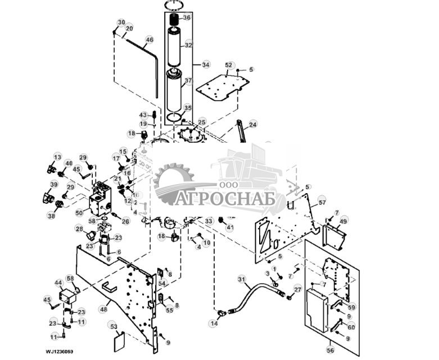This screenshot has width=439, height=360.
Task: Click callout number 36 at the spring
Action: coord(187,17)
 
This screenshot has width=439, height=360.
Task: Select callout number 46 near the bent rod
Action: coord(149,40)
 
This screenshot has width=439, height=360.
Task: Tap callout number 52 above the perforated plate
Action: coord(229,65)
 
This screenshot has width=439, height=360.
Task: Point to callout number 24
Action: coord(253,124)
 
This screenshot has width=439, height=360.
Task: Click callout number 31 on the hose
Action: coord(242,279)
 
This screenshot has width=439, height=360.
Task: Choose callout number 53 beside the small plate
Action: coord(114,326)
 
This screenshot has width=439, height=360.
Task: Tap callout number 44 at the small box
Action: coord(58,282)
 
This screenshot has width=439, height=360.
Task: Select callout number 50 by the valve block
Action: coord(79,212)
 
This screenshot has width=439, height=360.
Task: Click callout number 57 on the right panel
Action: coord(322,202)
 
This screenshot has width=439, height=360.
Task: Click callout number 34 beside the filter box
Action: coord(206,65)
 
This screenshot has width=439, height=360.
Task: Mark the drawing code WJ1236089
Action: coord(60,352)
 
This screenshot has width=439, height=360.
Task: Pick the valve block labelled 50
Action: coord(100,201)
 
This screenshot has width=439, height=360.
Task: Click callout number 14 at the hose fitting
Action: coord(214,324)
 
